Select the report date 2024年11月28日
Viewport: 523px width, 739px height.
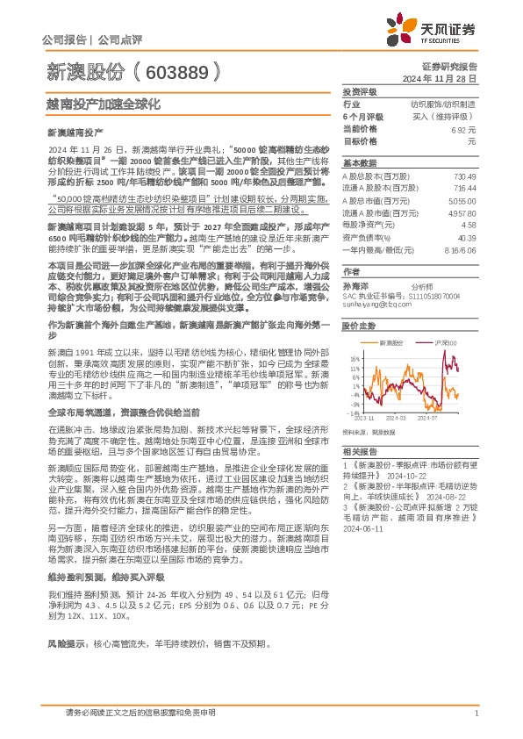[448, 79]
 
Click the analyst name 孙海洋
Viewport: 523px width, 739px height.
[354, 286]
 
